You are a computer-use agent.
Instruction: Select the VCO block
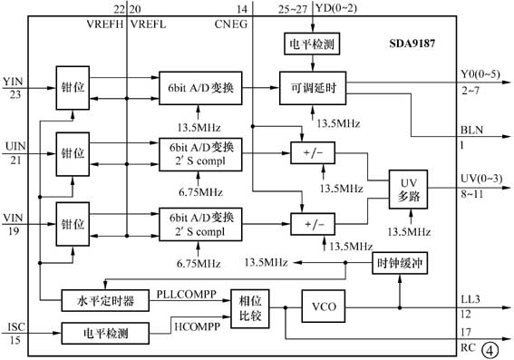coord(322,306)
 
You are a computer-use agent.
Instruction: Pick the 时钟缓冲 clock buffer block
coord(398,264)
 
